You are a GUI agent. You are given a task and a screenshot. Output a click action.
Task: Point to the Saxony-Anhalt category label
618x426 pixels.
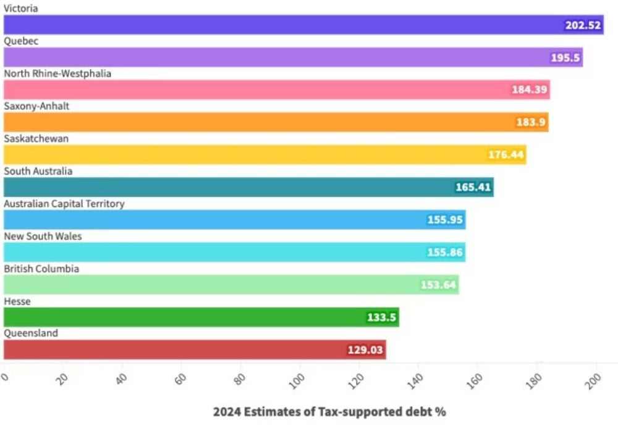coord(36,106)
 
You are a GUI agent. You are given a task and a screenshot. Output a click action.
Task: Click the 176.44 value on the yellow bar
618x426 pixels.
coord(506,154)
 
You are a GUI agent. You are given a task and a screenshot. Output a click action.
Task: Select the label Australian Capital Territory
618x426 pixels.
coord(64,204)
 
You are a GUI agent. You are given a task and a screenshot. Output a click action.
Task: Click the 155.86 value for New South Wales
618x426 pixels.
coord(446,252)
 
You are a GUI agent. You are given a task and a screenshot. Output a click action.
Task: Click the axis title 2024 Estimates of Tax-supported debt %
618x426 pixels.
coord(329,411)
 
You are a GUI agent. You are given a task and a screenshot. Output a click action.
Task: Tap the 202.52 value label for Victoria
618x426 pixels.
coord(583,25)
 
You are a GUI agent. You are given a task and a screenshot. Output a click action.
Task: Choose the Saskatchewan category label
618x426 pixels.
coord(36,139)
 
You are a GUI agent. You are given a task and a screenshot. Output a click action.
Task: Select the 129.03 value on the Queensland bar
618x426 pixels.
coord(366,350)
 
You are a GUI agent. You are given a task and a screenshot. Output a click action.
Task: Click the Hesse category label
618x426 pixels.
coord(17,301)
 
